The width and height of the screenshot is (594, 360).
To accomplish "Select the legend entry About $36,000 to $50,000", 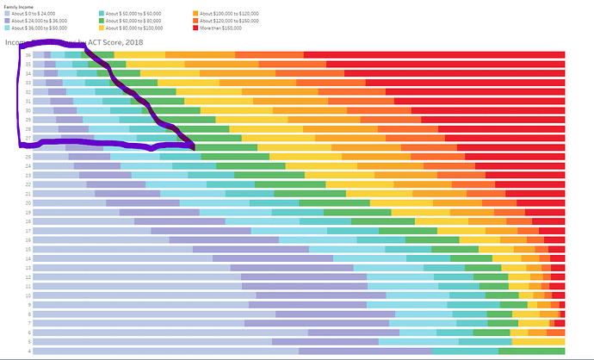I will (x=36, y=28).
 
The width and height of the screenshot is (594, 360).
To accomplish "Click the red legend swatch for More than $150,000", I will (x=197, y=28).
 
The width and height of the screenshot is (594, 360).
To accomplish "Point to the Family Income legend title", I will (x=20, y=6).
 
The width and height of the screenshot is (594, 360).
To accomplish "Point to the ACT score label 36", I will (x=28, y=55).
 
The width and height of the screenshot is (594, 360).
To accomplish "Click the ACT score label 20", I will (x=28, y=202).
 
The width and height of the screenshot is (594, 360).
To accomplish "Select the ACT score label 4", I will (x=29, y=351).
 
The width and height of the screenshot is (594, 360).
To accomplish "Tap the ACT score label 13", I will (x=28, y=267).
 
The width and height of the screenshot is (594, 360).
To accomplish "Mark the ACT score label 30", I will (x=28, y=110).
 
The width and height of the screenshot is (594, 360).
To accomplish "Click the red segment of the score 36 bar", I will (x=434, y=55).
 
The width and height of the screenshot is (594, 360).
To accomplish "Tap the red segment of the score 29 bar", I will (x=498, y=120).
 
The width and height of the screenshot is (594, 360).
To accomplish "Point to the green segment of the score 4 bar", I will (x=531, y=351).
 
